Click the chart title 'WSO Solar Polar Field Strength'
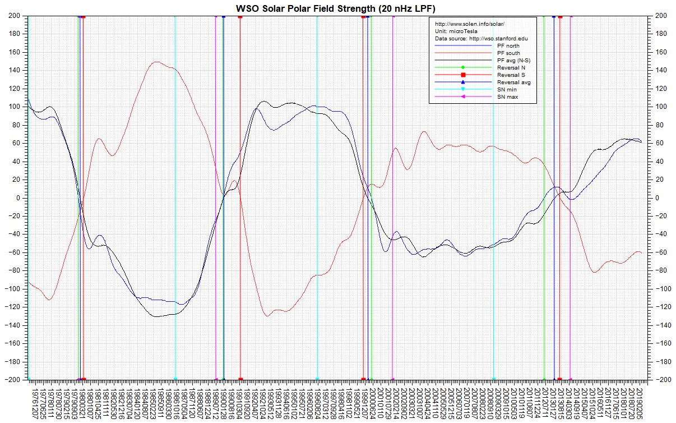point(337,7)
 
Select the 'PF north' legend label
point(508,45)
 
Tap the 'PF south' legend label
point(508,53)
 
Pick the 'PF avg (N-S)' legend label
point(512,60)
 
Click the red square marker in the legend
point(463,75)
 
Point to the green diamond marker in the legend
point(463,67)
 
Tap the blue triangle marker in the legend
point(463,82)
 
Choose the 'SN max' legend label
point(507,97)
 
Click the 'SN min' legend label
point(506,90)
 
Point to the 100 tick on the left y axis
point(15,107)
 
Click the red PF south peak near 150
point(156,62)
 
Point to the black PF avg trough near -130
point(158,316)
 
